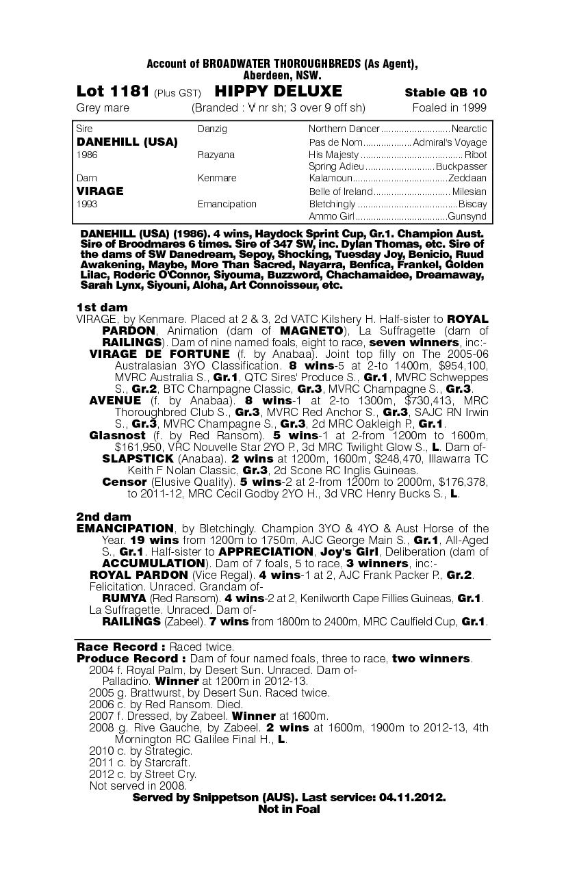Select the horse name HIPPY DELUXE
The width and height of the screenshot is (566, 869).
[279, 92]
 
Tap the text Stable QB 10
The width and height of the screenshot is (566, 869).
[446, 92]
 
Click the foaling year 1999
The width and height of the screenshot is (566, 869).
[472, 107]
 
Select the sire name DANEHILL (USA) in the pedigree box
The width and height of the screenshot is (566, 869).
[127, 142]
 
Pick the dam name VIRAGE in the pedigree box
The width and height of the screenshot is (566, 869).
[100, 191]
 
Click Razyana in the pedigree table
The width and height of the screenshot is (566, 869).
[216, 155]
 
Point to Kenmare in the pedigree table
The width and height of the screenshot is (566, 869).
[216, 178]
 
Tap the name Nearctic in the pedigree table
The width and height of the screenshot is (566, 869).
[469, 129]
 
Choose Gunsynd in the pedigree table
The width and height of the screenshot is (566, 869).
[467, 216]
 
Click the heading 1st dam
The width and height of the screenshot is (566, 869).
[101, 307]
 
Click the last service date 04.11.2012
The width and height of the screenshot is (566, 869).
[410, 798]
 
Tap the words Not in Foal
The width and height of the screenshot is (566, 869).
[289, 809]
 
